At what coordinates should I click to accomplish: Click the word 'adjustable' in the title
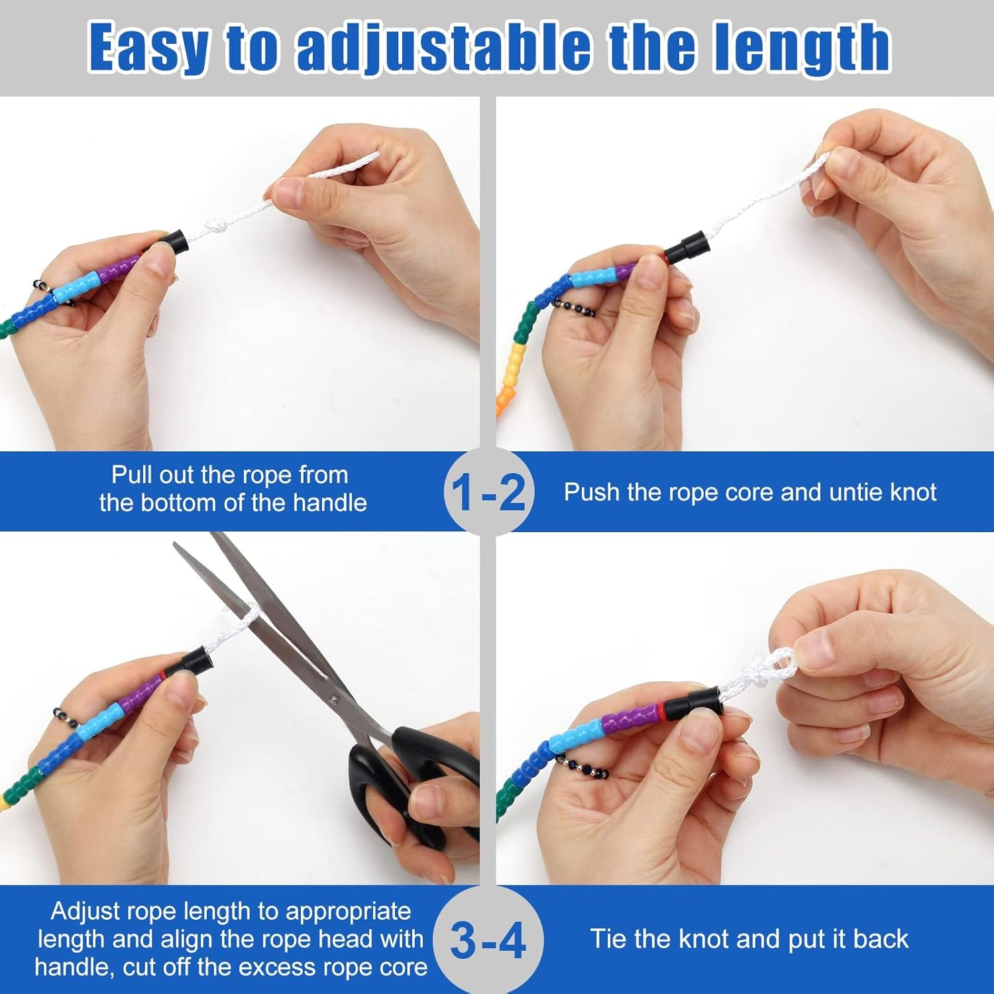pyautogui.click(x=443, y=48)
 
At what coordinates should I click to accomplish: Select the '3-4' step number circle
pyautogui.click(x=488, y=940)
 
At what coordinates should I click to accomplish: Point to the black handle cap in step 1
pyautogui.click(x=174, y=242)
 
